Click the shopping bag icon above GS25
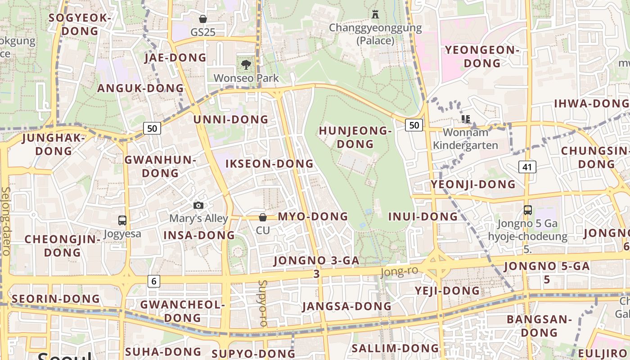coord(203,19)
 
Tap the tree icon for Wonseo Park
coord(246,65)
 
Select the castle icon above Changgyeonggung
coord(375,14)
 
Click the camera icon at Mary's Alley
coord(198,206)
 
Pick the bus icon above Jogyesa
coord(122,220)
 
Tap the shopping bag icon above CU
coord(263,218)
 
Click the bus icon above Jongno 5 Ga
coord(527,210)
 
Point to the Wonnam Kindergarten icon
coord(466,119)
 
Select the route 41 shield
coord(527,167)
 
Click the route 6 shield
coord(154,281)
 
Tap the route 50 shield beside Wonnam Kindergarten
coord(414,125)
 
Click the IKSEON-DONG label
coord(269,164)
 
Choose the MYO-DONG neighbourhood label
coord(313,216)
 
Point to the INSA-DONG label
coord(199,235)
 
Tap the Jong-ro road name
coord(399,271)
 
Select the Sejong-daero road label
coord(6,221)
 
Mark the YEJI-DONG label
coord(447,291)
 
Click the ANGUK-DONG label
coord(140,88)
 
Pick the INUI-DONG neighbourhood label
coord(423,217)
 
